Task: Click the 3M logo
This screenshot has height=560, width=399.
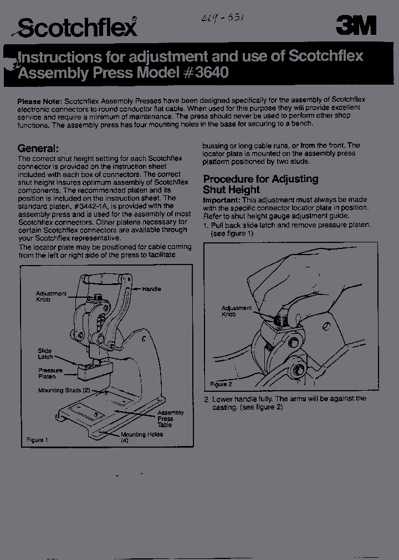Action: tap(356, 25)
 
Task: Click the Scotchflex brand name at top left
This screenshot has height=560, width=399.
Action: tap(78, 27)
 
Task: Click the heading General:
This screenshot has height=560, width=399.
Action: tap(38, 148)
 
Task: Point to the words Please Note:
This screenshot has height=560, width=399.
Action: tap(39, 101)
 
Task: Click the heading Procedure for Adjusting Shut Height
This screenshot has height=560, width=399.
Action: tap(260, 184)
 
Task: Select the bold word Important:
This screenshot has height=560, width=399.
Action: tap(222, 200)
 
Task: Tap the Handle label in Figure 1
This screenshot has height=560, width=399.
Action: tap(151, 289)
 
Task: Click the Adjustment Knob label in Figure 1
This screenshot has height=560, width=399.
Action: tap(51, 296)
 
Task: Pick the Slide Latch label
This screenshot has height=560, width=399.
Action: tap(45, 354)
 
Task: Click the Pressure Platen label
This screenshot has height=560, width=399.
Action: tap(50, 373)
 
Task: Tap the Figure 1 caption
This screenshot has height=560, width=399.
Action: tap(38, 440)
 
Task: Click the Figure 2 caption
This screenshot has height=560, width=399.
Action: tap(221, 384)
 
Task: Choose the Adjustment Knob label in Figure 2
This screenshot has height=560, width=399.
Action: tap(236, 311)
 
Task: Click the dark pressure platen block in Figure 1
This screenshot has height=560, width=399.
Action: tap(95, 370)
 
